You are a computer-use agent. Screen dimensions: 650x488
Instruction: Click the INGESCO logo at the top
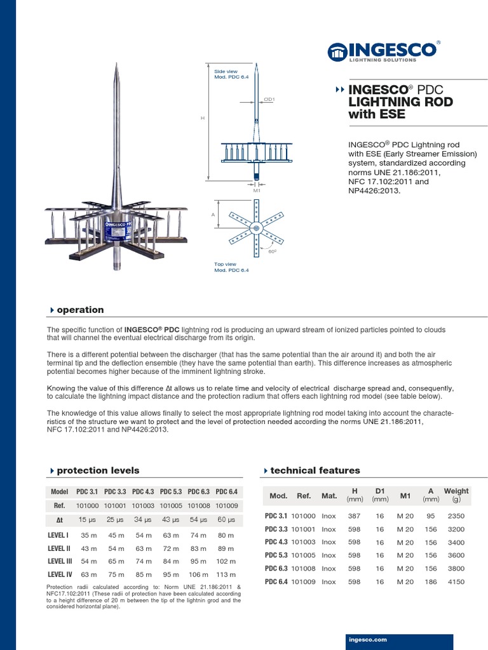point(383,51)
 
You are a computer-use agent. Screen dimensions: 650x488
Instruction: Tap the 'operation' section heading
point(80,310)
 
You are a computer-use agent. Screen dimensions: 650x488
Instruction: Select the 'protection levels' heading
point(98,470)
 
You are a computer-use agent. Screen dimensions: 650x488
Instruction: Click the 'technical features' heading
point(315,470)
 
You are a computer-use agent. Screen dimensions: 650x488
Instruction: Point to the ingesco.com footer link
point(368,640)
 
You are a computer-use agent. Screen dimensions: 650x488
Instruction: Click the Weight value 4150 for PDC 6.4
point(456,581)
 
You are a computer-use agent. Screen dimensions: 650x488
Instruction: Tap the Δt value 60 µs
point(226,520)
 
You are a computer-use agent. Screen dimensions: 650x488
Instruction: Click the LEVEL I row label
point(58,535)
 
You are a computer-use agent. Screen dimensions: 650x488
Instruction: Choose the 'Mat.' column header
point(329,496)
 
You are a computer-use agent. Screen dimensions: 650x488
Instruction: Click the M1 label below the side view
point(256,190)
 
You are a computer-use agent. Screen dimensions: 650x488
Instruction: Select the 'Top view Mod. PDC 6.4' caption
point(231,267)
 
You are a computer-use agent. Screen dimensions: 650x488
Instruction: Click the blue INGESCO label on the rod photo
point(116,225)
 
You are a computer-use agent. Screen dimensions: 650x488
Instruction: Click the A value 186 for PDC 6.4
point(431,581)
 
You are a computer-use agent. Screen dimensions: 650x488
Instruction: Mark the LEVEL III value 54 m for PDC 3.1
point(88,561)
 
